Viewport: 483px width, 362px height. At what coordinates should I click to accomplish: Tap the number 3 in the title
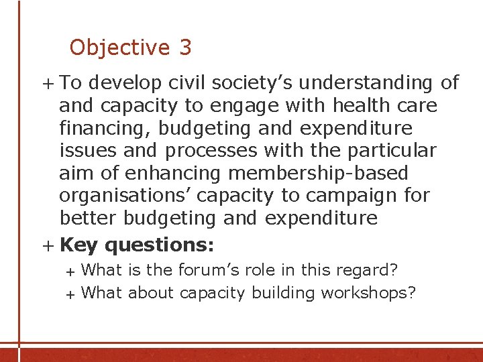click(x=185, y=48)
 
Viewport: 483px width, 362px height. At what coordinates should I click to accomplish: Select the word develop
click(x=125, y=83)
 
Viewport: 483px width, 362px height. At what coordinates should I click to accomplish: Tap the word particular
click(x=390, y=151)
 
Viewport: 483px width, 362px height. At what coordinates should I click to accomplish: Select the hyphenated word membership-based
click(x=318, y=174)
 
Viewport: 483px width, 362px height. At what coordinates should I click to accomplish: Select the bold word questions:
click(x=160, y=245)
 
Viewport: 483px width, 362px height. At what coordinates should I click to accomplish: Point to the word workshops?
click(x=369, y=293)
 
